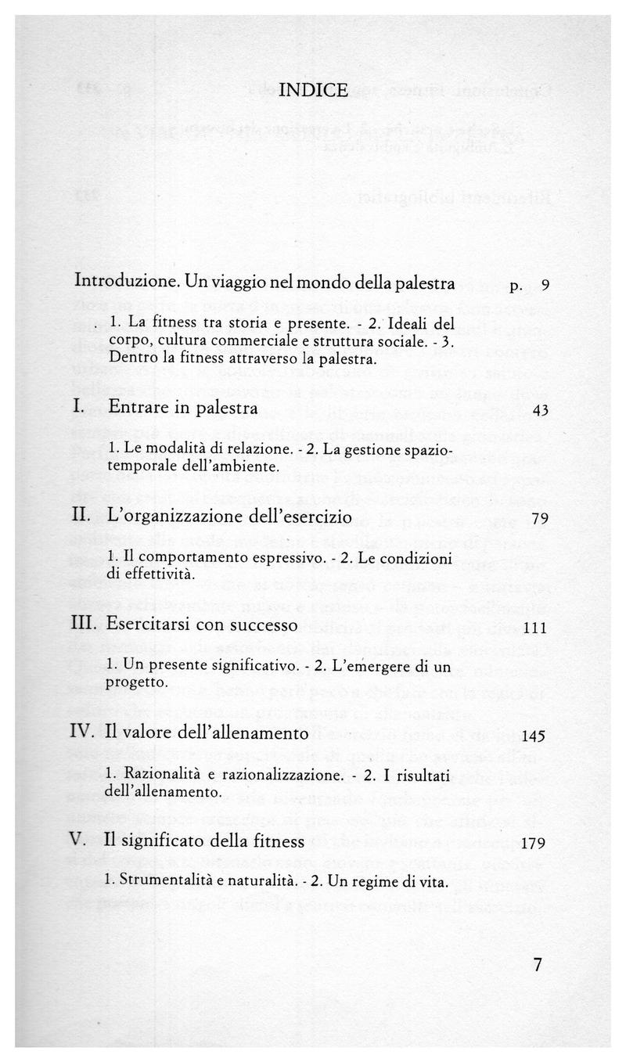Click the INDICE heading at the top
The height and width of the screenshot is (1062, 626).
click(313, 90)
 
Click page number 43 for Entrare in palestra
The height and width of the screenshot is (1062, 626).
click(540, 410)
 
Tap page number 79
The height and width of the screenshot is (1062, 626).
click(540, 519)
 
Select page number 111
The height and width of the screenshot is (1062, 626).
click(536, 628)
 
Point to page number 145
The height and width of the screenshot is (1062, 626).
click(536, 736)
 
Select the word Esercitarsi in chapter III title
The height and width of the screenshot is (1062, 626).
click(144, 625)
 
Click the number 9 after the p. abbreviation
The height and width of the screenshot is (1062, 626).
click(545, 285)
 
